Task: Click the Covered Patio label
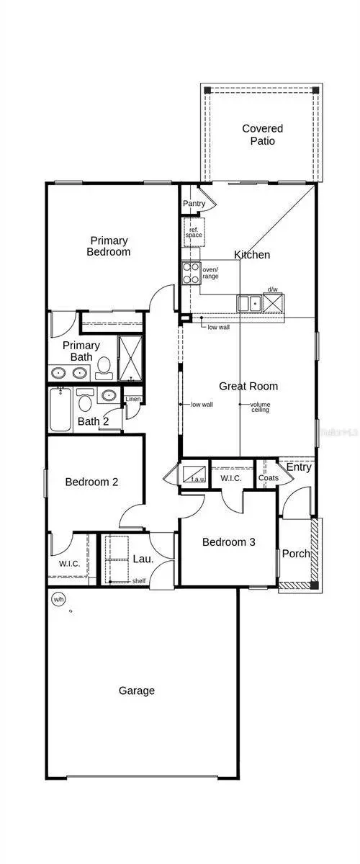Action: [262, 135]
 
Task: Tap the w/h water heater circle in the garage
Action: [58, 598]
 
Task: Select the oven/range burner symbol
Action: [191, 272]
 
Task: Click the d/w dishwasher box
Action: [273, 303]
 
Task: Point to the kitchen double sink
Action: [249, 304]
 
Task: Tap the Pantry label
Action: [194, 204]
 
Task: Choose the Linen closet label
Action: [133, 400]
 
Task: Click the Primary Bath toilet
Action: [104, 367]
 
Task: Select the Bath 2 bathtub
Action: [60, 410]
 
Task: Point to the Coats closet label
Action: [268, 478]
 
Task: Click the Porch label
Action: [295, 554]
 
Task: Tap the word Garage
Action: [136, 690]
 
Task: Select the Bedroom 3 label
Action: [228, 542]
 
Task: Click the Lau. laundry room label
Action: [141, 558]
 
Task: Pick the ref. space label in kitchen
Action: [194, 233]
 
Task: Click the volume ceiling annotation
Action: [260, 407]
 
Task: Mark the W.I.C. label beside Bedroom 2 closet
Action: [70, 563]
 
